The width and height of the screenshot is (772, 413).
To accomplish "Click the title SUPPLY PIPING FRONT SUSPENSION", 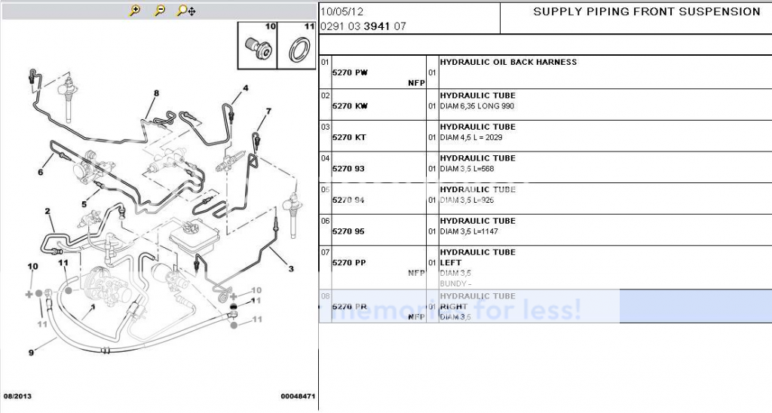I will (647, 11).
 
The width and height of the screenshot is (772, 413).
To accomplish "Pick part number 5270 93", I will (348, 169).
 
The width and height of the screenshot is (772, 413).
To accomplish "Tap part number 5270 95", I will (348, 231).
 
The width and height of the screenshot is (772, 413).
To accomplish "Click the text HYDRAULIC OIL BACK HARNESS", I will (508, 62).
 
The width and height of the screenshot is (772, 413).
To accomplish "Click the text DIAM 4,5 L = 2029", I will (471, 137).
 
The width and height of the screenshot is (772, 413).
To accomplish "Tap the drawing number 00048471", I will (297, 396).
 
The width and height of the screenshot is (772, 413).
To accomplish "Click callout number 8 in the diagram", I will (156, 93).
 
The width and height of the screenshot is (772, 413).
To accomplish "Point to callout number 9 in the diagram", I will (31, 353).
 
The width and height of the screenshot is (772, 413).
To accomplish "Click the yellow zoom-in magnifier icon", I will (135, 11).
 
